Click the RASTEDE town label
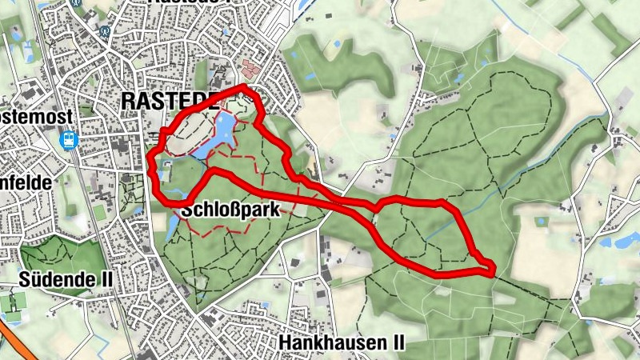click(170, 101)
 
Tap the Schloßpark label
click(230, 210)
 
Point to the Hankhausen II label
click(342, 342)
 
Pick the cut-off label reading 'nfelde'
click(26, 182)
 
